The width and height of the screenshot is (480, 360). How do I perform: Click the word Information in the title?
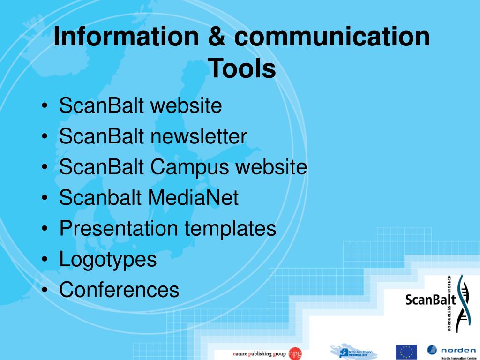click(126, 37)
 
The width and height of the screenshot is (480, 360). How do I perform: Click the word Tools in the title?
click(242, 69)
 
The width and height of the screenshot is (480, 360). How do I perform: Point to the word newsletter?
click(199, 137)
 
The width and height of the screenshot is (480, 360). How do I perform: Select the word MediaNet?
click(193, 198)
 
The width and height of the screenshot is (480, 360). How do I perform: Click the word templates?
click(230, 229)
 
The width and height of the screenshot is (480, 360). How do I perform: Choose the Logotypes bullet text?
click(108, 259)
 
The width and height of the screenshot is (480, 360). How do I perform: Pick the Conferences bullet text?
click(119, 290)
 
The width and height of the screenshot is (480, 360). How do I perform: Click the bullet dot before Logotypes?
click(44, 260)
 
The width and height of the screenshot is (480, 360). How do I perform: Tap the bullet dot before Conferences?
click(44, 290)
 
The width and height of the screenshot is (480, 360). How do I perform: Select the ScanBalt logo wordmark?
click(430, 299)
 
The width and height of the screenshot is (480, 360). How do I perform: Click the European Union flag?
click(406, 352)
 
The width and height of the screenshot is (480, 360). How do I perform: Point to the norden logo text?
click(458, 349)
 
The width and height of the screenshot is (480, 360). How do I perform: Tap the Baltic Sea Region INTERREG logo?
click(354, 351)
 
